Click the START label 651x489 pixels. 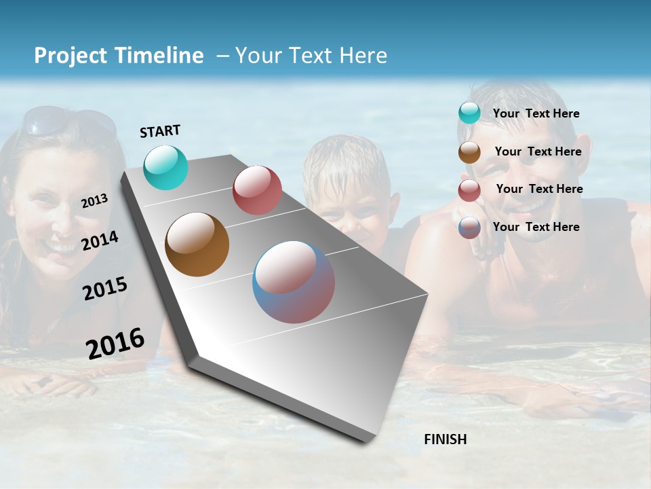160,131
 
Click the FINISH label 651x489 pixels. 445,439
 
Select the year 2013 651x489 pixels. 94,201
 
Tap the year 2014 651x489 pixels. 100,241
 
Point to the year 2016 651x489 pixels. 115,344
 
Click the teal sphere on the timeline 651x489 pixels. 165,167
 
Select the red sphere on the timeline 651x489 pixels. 257,190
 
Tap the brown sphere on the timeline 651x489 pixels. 197,244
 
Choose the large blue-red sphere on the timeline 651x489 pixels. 294,282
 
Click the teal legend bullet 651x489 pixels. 469,113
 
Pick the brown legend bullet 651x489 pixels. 469,152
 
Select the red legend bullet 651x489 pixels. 469,190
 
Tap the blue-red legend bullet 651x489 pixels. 469,228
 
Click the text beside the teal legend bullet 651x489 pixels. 536,113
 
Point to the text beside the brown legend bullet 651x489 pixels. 538,151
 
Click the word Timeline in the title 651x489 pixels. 160,56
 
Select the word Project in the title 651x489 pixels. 71,56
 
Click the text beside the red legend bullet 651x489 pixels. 539,189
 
